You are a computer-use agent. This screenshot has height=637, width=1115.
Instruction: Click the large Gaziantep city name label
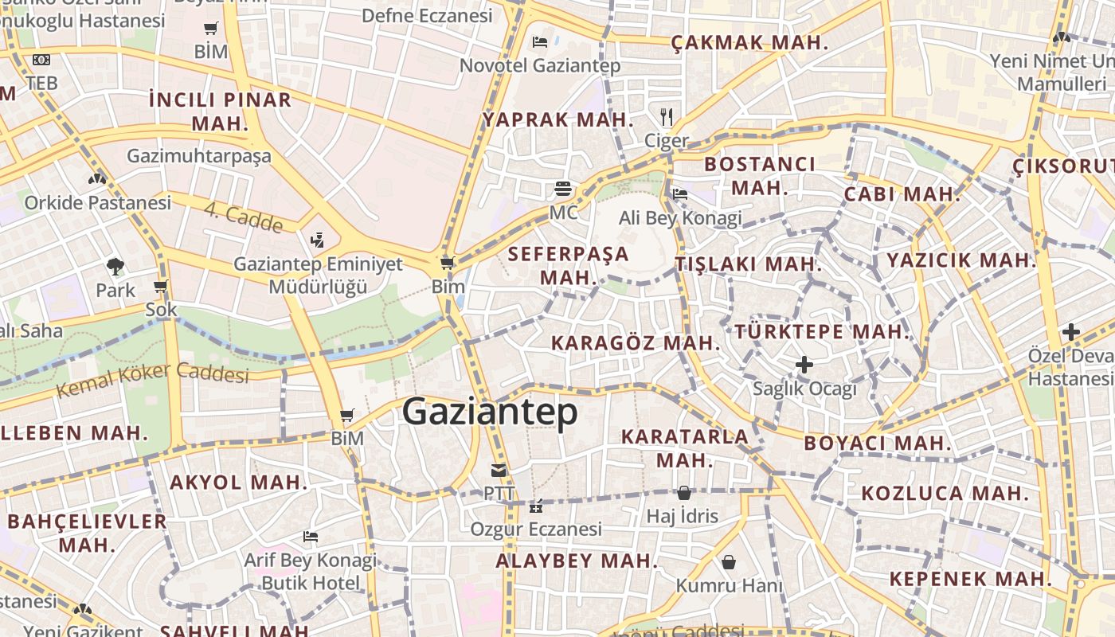point(490,412)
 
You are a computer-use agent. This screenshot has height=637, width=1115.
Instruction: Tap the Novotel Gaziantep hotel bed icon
point(540,41)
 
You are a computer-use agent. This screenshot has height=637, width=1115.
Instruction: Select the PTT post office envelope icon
point(499,471)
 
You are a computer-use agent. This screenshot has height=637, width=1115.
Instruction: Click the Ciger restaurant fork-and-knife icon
point(667,117)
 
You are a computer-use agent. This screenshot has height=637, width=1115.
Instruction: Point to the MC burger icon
point(564,190)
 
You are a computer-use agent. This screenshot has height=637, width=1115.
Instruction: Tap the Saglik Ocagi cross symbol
point(804,365)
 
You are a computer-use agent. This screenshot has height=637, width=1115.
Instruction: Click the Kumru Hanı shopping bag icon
point(729,563)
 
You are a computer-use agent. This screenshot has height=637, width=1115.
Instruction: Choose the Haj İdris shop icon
point(683,493)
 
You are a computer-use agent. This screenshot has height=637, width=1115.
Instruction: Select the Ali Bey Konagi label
point(680,217)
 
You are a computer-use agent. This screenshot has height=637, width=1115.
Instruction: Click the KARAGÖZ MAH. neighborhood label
point(636,343)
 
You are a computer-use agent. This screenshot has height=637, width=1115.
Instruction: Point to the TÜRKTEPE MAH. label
point(821,331)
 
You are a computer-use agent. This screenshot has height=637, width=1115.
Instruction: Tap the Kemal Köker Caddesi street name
point(153,381)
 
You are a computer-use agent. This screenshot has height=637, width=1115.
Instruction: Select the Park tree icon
point(115,267)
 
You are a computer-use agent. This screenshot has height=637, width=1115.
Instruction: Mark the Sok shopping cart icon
point(161,287)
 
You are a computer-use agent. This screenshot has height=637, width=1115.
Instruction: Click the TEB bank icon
point(41,60)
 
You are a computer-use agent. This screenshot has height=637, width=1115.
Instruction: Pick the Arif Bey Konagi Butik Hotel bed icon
point(311,537)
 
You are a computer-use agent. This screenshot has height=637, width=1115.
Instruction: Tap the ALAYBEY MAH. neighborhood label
point(577,561)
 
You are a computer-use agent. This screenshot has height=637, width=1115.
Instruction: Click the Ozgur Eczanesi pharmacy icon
point(536,506)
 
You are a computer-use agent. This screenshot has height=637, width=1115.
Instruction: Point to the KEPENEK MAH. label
point(971,579)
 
